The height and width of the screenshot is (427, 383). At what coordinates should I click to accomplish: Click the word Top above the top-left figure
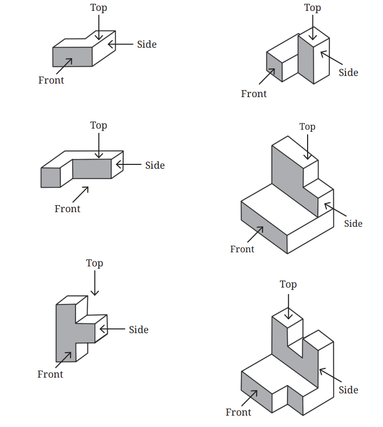99,8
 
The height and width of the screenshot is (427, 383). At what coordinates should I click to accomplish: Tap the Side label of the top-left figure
146,44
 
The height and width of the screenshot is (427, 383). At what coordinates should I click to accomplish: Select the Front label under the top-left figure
51,80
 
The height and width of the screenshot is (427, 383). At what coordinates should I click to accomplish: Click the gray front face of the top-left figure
72,57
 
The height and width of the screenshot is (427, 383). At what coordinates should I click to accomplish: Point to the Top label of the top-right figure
312,8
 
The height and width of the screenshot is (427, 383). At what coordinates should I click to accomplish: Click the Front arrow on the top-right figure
267,77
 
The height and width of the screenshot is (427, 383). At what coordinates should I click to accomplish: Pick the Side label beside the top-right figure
348,73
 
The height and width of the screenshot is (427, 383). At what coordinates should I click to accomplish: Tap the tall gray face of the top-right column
306,59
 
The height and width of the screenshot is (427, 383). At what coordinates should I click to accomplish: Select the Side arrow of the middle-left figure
129,164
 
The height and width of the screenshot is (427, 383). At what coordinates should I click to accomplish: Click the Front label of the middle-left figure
67,208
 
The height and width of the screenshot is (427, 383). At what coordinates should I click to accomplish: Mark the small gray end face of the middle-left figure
50,177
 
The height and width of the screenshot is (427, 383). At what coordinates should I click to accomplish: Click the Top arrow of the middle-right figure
308,147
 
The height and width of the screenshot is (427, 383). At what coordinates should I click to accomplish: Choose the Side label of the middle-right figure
353,224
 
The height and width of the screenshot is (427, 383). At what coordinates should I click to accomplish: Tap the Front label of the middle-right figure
242,249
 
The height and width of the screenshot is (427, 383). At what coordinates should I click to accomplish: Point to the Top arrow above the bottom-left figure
95,283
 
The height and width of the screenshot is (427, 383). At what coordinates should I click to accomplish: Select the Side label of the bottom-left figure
138,329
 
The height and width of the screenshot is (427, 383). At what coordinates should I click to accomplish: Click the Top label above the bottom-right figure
288,284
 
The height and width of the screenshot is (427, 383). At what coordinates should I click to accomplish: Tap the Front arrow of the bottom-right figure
249,398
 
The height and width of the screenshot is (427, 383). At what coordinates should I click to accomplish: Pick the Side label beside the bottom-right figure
348,390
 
